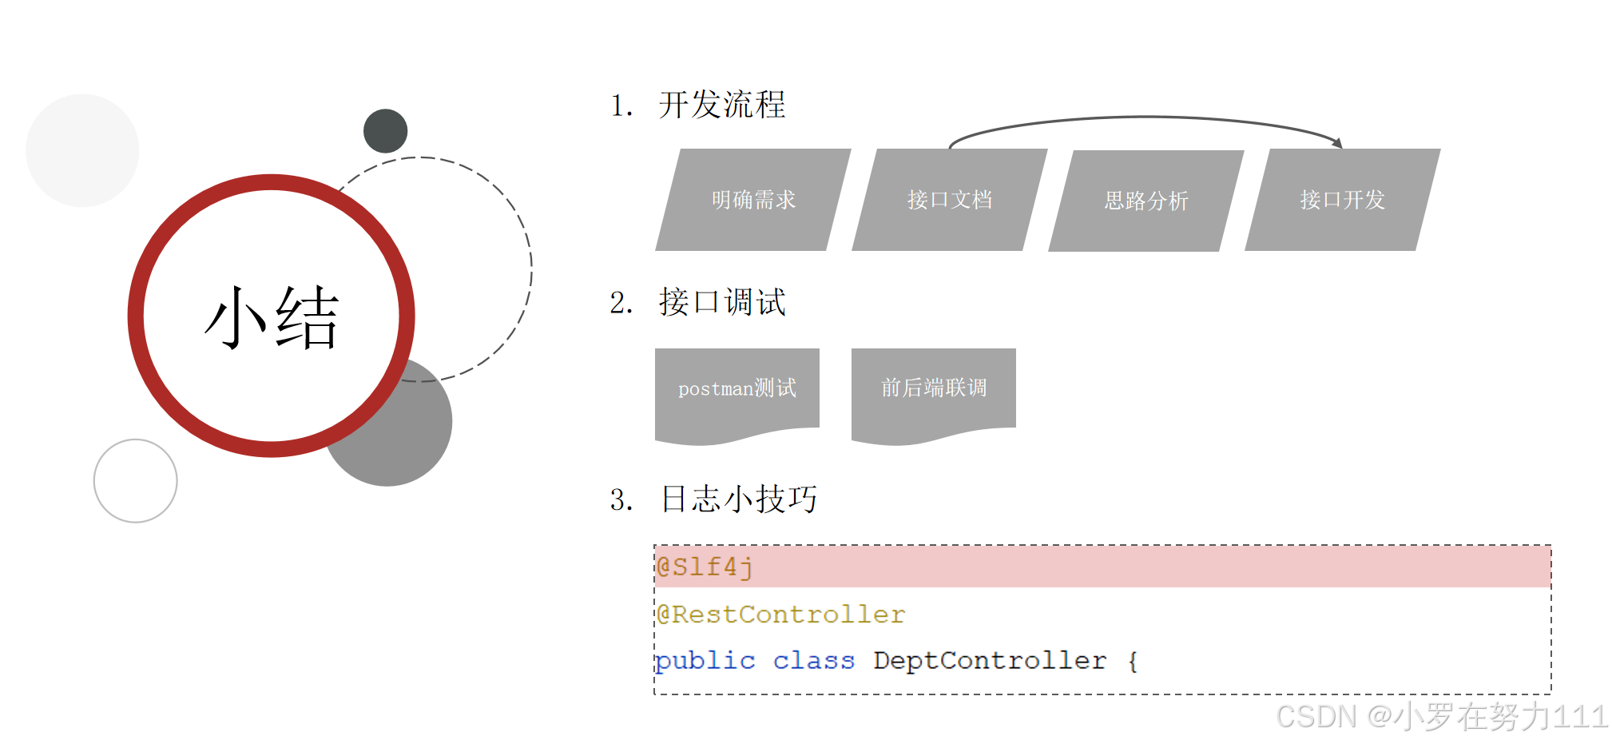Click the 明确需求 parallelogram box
[753, 200]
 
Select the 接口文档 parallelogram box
[950, 200]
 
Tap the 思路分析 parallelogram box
[1146, 201]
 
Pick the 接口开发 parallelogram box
[1343, 200]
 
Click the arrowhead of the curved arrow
[1337, 143]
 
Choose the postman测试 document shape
[737, 389]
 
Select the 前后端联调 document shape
[933, 389]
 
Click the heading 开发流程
[722, 105]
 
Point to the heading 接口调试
[722, 303]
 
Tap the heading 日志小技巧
[739, 499]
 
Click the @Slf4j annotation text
[704, 567]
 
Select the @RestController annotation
[780, 615]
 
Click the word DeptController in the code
[990, 661]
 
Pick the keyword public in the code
[705, 661]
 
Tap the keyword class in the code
[813, 661]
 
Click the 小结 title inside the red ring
[272, 317]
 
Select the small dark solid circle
[385, 131]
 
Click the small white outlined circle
[135, 481]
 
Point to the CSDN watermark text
[1441, 716]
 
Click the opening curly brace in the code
[1133, 662]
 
